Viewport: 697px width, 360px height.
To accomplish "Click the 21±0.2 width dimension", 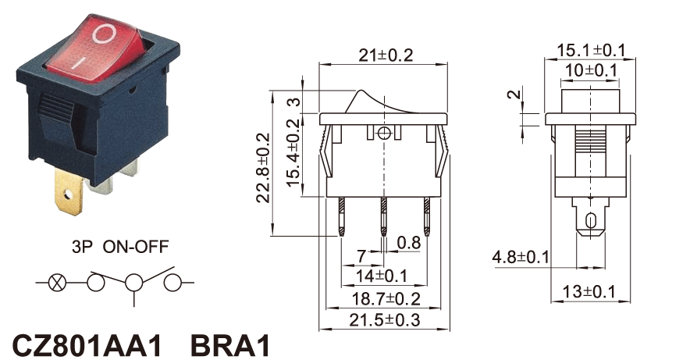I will [x=385, y=55].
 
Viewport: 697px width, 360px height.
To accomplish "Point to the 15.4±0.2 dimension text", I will [x=292, y=153].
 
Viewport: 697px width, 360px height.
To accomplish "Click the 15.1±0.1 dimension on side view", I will [x=591, y=50].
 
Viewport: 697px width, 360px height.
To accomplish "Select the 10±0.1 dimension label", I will [x=592, y=70].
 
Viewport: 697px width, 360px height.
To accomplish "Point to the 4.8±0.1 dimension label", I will [x=521, y=257].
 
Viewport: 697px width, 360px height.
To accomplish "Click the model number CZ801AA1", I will [x=87, y=344].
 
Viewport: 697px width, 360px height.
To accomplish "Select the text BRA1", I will [x=230, y=344].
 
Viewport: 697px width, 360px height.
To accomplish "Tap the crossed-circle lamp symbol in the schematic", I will [x=57, y=282].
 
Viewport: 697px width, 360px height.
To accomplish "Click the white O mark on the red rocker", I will [x=104, y=34].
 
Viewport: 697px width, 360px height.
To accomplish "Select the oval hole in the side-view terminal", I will [x=591, y=219].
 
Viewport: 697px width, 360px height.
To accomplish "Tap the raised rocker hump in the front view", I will [x=362, y=100].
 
